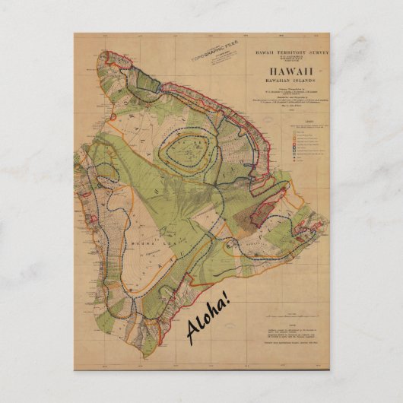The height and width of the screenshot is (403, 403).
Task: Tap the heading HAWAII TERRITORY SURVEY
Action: tap(287, 47)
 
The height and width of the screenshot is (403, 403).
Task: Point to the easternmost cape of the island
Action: tap(328, 221)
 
